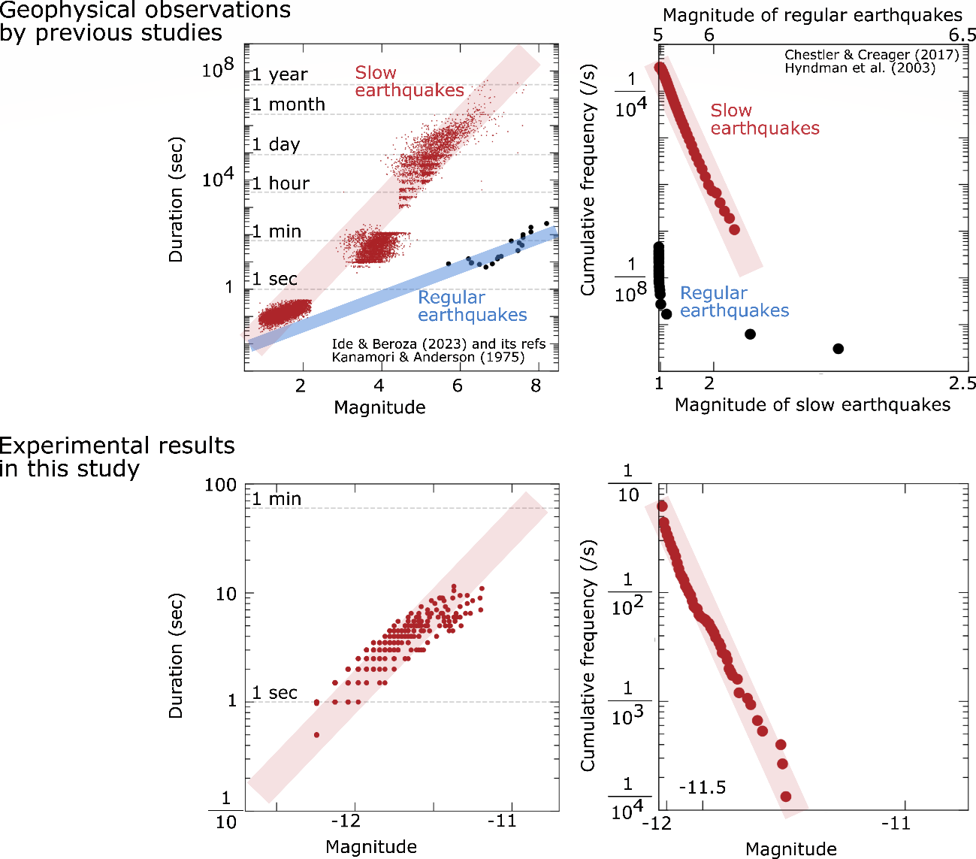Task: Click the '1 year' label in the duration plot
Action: [x=280, y=74]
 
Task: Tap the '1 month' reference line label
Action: [x=289, y=104]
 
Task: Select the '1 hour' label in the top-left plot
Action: [x=280, y=183]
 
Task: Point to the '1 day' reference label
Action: [x=276, y=144]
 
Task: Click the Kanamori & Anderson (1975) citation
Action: [x=428, y=357]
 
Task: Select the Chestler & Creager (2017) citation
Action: [x=872, y=55]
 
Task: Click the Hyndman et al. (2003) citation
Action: [x=860, y=68]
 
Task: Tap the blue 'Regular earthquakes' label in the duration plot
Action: [x=472, y=306]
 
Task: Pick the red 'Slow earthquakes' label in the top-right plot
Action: [x=764, y=119]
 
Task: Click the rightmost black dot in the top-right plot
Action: [x=839, y=349]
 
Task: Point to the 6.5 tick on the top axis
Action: [x=962, y=35]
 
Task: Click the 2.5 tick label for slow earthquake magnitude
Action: [x=962, y=384]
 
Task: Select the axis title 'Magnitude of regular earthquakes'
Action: [x=812, y=15]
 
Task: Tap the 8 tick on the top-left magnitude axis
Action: [x=536, y=386]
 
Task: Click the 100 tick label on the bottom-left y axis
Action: [x=220, y=485]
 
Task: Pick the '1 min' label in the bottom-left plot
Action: [x=276, y=499]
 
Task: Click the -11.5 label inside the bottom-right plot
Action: [x=702, y=788]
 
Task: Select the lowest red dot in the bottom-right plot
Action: [x=786, y=797]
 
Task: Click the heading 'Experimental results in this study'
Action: [x=117, y=457]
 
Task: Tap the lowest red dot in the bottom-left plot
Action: [x=316, y=735]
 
